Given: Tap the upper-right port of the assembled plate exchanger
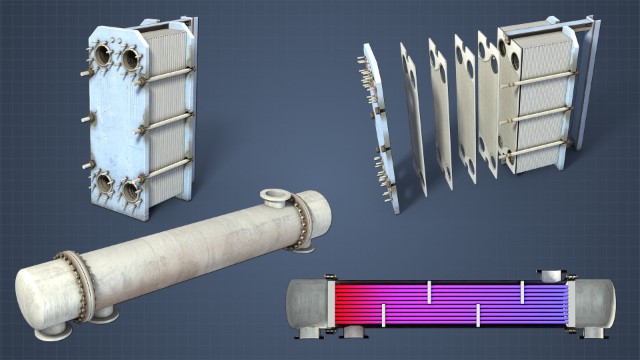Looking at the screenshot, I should [131, 59].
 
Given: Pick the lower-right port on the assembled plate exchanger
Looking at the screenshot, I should [130, 190].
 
